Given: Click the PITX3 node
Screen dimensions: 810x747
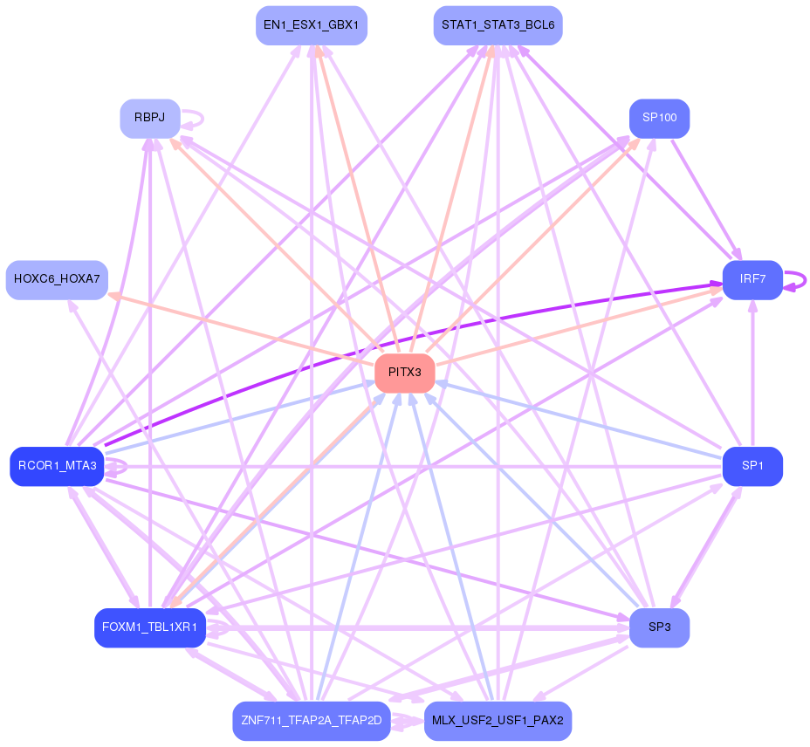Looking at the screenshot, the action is click(404, 373).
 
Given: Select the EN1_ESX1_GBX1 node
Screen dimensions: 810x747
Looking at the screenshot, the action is click(312, 25).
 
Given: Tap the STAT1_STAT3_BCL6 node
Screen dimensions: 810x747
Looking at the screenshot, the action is click(498, 25).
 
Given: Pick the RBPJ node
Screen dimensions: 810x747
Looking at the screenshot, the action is click(150, 119).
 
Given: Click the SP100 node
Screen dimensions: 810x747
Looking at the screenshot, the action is click(660, 119).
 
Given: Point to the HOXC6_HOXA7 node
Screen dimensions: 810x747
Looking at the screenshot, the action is click(57, 280).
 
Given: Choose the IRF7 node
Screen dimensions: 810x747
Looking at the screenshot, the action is click(752, 280).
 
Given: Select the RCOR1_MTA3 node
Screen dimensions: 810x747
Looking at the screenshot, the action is click(57, 467).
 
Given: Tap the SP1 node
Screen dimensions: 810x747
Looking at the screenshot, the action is click(752, 467).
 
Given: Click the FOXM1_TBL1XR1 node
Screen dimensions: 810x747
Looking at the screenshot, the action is click(150, 627).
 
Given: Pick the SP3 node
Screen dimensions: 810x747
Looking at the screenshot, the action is click(660, 627).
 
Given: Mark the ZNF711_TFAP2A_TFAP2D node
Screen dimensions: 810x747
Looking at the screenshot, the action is click(312, 721).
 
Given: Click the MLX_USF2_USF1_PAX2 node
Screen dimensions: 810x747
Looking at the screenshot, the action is click(498, 721).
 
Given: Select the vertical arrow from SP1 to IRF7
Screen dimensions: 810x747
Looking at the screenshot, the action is click(752, 373).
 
